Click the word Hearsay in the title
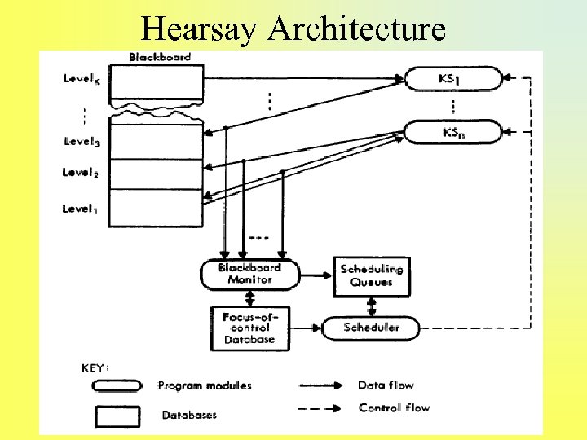click(199, 29)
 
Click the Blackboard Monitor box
click(249, 274)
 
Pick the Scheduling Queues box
click(372, 275)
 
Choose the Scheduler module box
click(372, 328)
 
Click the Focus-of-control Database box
click(249, 327)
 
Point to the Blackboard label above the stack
click(160, 57)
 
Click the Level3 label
click(82, 142)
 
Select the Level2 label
click(81, 173)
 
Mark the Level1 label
click(81, 209)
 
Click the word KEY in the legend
click(95, 367)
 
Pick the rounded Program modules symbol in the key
click(117, 385)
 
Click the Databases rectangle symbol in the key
click(117, 416)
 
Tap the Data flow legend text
click(386, 385)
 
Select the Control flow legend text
click(394, 407)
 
